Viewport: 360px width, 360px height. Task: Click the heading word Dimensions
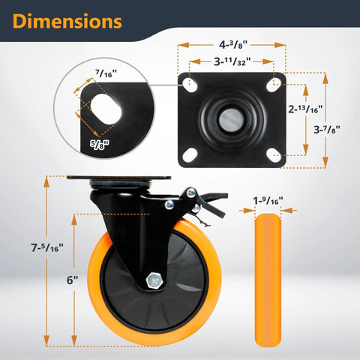(67, 22)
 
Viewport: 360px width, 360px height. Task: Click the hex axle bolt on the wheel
(154, 279)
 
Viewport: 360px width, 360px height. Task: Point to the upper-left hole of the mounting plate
(190, 83)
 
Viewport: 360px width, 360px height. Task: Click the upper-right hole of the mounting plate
(274, 83)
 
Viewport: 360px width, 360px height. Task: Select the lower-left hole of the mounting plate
(190, 154)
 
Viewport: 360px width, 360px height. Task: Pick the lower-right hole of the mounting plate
(274, 154)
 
